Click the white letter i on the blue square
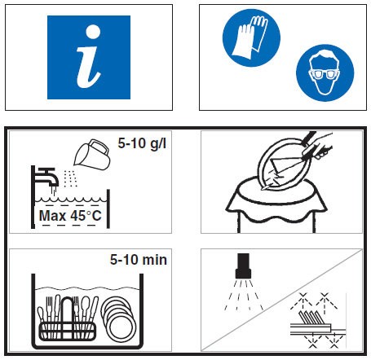tap(89, 57)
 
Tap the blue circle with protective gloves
tap(251, 37)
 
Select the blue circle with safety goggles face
tap(325, 72)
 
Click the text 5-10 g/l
tap(142, 143)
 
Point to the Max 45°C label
tap(70, 216)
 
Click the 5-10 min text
tap(139, 260)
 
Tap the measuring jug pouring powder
tap(92, 155)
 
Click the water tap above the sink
tap(46, 177)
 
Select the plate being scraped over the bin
tap(283, 165)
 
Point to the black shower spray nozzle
tap(243, 266)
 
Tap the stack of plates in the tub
tap(118, 319)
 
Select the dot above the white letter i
tap(93, 32)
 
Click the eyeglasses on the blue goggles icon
tap(325, 74)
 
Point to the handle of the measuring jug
tap(99, 147)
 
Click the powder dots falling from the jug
tap(70, 178)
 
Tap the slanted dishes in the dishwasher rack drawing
tap(311, 317)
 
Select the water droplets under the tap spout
tap(54, 191)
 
